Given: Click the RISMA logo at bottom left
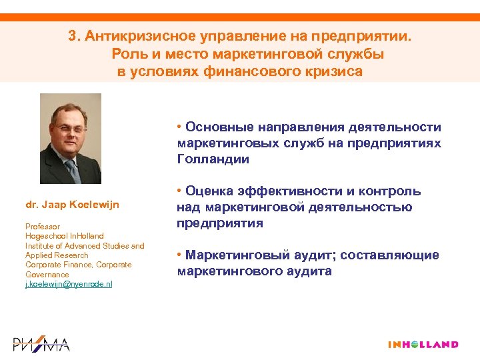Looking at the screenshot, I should point(41,344).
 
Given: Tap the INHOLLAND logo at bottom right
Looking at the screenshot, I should point(423,345).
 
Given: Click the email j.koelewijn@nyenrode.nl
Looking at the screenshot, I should point(69,284).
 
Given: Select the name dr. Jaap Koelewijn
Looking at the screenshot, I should point(72,204).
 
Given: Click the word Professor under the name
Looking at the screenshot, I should point(43,227).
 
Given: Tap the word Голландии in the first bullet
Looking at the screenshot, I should point(213,159).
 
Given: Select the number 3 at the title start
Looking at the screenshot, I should point(72,37).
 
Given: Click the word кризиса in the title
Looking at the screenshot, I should point(334,71).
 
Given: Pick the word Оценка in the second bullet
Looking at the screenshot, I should point(209,191).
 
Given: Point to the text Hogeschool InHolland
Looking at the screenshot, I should point(64,236).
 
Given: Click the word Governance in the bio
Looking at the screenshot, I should point(47,274).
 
